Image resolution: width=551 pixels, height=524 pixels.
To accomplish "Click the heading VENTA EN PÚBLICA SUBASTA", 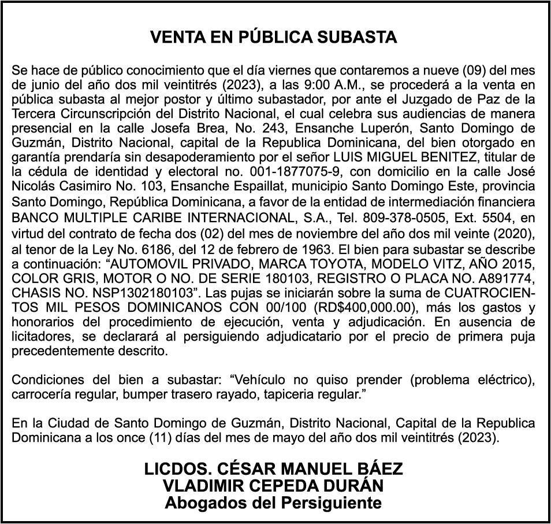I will pyautogui.click(x=274, y=38).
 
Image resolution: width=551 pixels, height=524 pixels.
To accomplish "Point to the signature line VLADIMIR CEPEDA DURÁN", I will pyautogui.click(x=273, y=485).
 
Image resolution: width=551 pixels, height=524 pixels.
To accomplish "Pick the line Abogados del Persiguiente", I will pyautogui.click(x=273, y=502).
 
